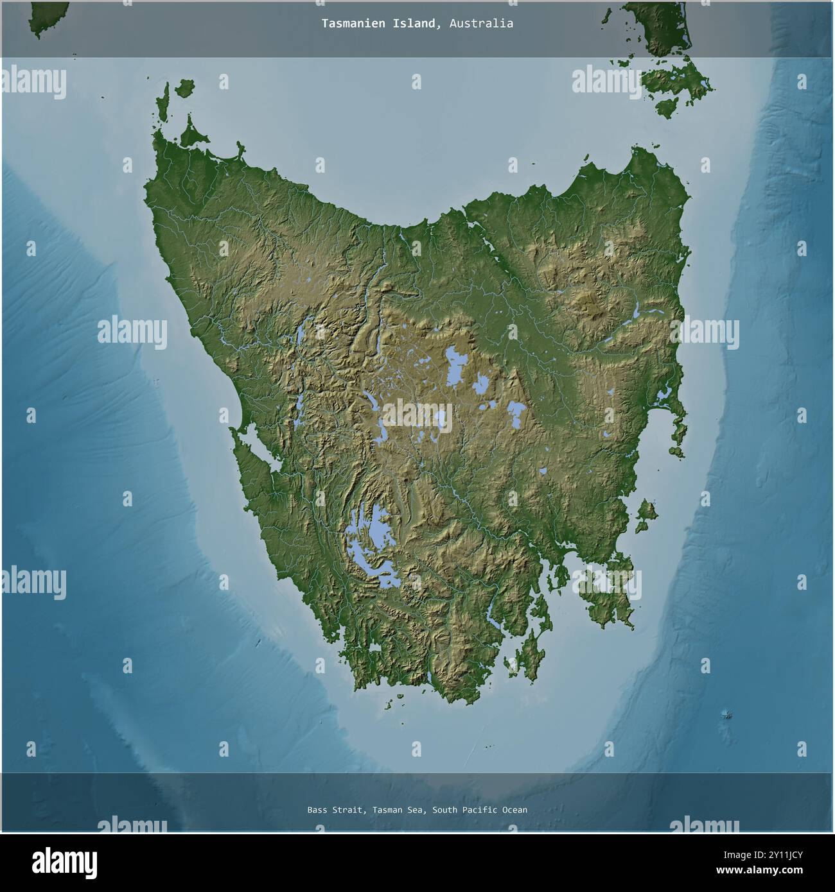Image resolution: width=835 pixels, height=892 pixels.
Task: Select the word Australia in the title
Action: [481, 24]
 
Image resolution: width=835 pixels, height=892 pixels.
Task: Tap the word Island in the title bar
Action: [410, 24]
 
